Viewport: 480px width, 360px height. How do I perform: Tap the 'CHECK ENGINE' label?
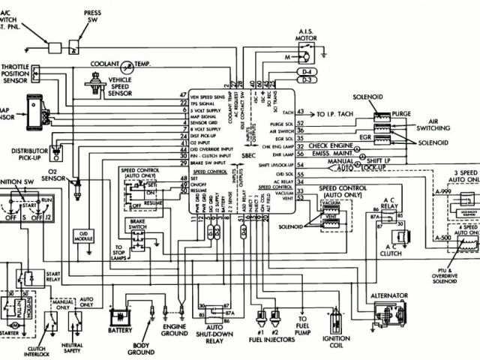pyautogui.click(x=330, y=145)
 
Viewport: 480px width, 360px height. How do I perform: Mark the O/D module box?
pyautogui.click(x=80, y=236)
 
